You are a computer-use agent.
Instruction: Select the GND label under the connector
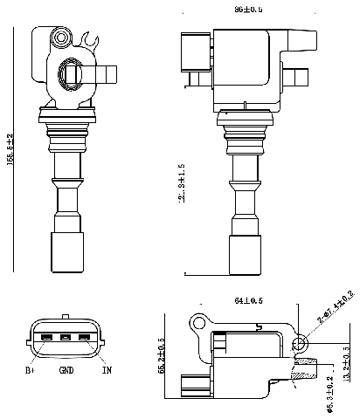(66, 370)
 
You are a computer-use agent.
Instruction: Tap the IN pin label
(107, 369)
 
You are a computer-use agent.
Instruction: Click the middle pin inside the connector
(66, 338)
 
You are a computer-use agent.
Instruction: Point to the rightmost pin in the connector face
(84, 338)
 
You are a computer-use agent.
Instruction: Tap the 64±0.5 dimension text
(249, 302)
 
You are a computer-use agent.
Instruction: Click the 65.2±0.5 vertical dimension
(161, 357)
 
